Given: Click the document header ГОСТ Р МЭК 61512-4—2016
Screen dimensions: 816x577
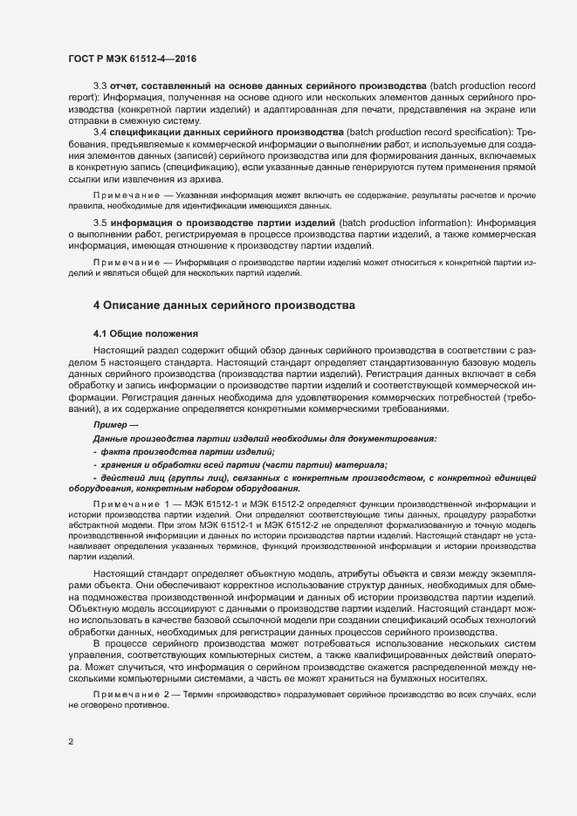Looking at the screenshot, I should pyautogui.click(x=132, y=58).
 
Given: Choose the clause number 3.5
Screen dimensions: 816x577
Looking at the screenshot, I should pyautogui.click(x=100, y=223).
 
